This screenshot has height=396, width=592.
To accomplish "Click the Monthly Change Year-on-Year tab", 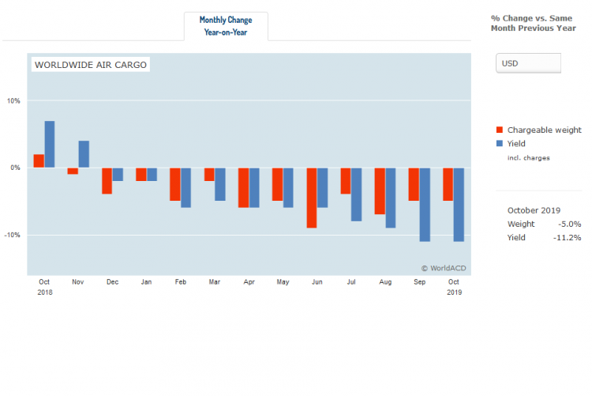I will (226, 26).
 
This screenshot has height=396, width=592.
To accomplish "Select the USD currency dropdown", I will (528, 63).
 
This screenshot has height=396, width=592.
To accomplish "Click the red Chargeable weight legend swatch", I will (499, 130).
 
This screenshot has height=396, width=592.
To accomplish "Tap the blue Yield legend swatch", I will (499, 144).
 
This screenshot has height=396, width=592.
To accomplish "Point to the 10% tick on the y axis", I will (13, 100).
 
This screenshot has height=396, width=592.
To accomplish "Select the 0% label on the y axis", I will (16, 168).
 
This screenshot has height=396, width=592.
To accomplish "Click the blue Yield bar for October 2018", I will (50, 144).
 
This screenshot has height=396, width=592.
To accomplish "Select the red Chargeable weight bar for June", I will (312, 198).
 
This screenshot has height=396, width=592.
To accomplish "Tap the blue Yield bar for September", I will (425, 204).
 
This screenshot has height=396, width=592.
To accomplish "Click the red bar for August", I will (380, 190).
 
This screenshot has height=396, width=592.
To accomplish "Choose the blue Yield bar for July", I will (357, 194).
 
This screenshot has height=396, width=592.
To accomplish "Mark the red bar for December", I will (107, 181).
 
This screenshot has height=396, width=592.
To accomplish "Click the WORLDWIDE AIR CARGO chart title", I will (91, 65).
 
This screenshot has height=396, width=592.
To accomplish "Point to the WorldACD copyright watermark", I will (443, 268).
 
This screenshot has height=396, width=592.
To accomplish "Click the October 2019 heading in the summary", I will (534, 210).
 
